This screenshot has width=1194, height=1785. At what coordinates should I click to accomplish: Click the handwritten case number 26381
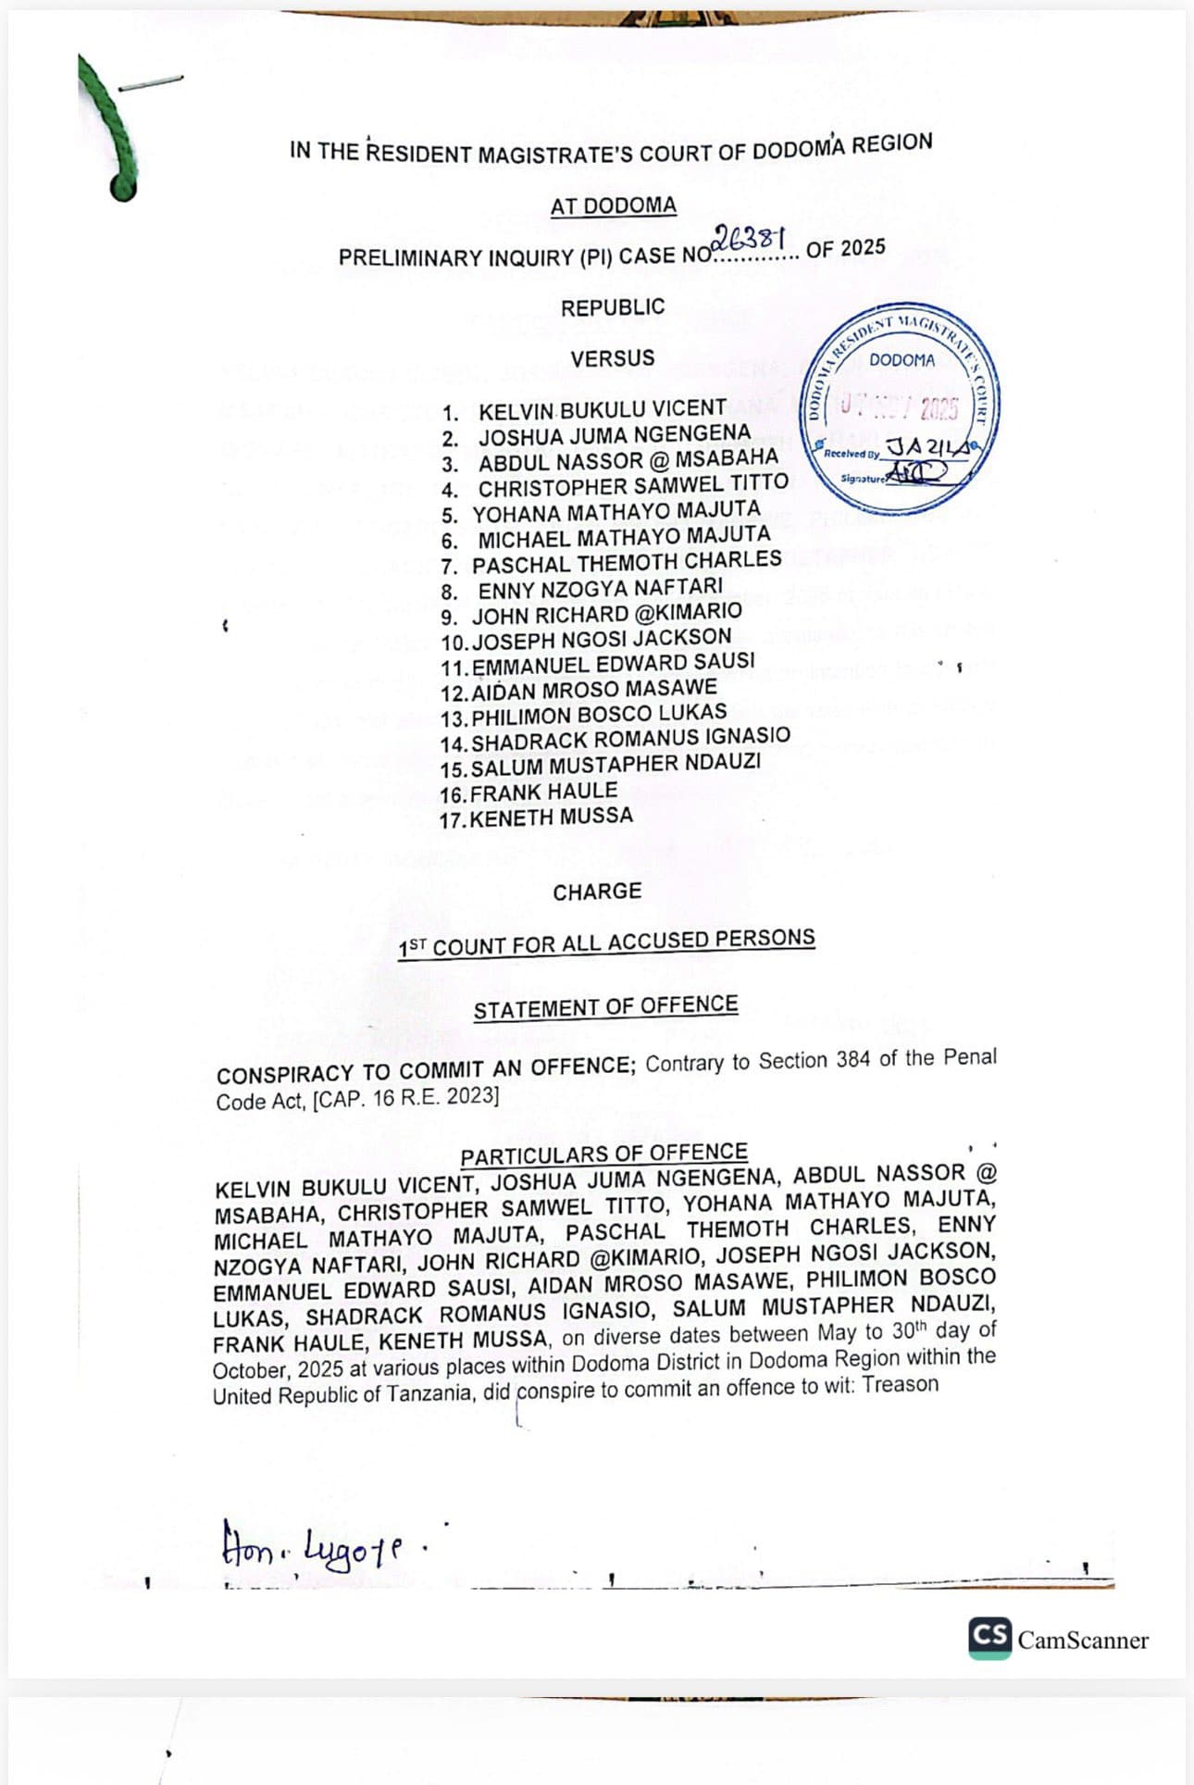tap(750, 239)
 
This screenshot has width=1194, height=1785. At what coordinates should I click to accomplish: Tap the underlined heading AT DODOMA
tap(613, 206)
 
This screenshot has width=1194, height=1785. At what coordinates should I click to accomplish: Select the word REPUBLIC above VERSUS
tap(613, 307)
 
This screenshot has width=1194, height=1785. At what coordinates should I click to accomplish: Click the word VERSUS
tap(613, 358)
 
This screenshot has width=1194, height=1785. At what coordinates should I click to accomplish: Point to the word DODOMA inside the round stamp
tap(902, 360)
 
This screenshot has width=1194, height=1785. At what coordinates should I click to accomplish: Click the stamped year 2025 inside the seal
tap(939, 407)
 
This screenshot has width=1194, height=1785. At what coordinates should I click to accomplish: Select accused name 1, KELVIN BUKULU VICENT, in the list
tap(602, 409)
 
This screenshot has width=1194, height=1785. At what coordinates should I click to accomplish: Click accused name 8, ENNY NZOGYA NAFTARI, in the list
tap(600, 589)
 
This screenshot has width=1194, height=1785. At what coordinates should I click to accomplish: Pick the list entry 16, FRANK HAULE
tap(543, 793)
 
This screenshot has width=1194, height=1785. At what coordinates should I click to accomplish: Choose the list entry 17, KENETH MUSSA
tap(551, 818)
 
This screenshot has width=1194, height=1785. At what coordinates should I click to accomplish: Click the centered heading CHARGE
tap(597, 892)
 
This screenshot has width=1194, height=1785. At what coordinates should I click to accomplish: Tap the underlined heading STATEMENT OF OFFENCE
tap(605, 1007)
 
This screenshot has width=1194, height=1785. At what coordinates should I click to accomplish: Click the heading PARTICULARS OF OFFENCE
tap(603, 1155)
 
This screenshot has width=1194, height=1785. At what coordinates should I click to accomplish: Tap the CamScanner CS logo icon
tap(989, 1638)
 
